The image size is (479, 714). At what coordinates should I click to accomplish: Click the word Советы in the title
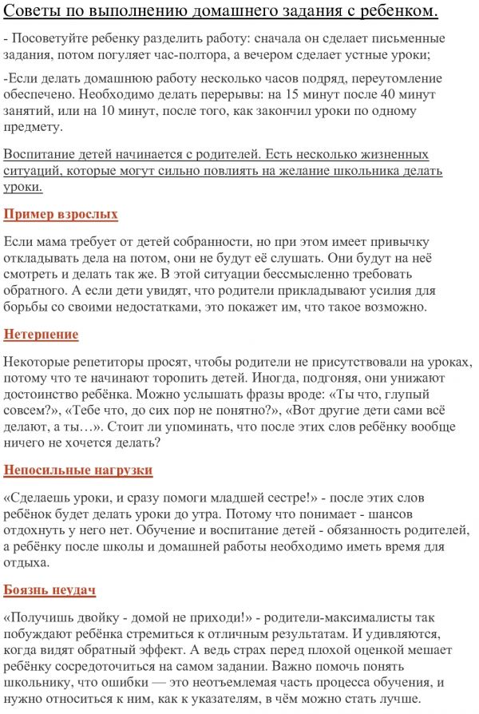pyautogui.click(x=34, y=11)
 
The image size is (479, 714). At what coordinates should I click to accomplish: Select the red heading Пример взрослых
pyautogui.click(x=61, y=214)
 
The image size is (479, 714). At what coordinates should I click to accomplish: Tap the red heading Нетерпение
pyautogui.click(x=41, y=334)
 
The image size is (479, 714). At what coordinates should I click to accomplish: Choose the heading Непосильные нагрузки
pyautogui.click(x=77, y=470)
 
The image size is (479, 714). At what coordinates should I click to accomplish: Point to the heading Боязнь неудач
pyautogui.click(x=49, y=589)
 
